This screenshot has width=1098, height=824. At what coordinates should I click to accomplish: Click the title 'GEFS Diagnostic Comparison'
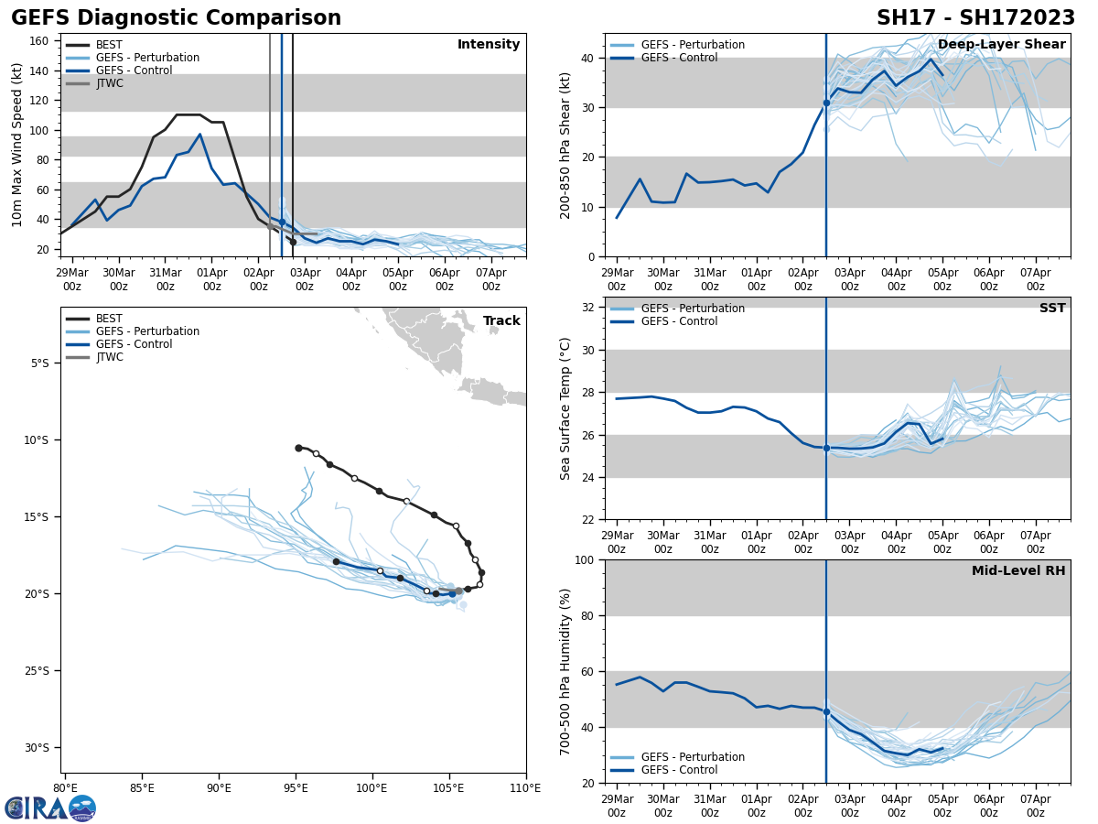tap(176, 18)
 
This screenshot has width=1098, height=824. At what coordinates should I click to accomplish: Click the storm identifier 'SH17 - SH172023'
tap(975, 18)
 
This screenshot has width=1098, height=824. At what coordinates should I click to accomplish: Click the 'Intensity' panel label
tap(489, 45)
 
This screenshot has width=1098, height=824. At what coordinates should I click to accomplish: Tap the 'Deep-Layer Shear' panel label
tap(1001, 45)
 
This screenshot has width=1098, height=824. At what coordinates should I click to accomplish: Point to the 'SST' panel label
tap(1051, 309)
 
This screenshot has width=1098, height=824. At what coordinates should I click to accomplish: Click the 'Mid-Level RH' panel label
tap(1018, 571)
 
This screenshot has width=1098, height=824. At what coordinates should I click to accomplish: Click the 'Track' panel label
tap(501, 320)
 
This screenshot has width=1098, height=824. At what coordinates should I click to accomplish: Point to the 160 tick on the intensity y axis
tap(40, 41)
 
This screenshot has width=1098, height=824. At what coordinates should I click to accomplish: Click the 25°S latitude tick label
tap(37, 671)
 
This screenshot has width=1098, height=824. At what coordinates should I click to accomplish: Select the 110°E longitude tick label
tap(524, 787)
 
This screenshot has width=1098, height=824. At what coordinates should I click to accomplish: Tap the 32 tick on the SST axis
tap(589, 308)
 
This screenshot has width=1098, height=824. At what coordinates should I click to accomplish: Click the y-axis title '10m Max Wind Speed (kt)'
tap(17, 145)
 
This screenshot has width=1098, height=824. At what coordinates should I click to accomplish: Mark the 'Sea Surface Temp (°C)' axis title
tap(565, 408)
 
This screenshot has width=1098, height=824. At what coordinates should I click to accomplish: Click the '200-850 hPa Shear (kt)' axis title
tap(565, 145)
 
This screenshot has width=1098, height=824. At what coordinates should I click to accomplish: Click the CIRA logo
tap(50, 808)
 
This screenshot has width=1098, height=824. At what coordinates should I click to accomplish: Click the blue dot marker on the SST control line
tap(826, 448)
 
